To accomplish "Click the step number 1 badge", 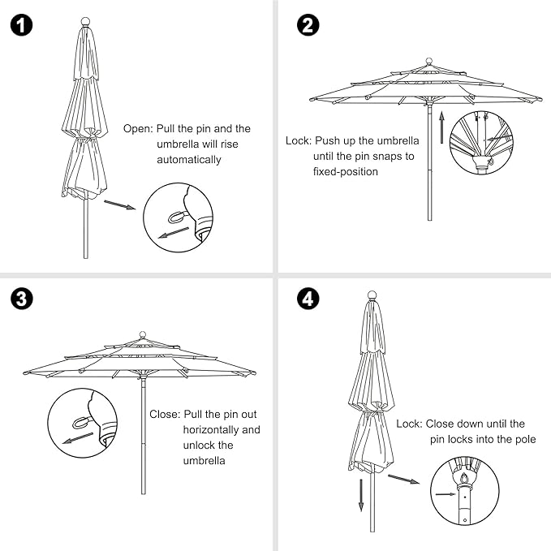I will [23, 25].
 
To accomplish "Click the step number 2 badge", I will [308, 25].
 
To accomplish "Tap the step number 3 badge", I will [23, 299].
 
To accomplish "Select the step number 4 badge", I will [308, 299].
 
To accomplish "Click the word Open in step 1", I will [137, 128].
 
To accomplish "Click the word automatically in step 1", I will [189, 159].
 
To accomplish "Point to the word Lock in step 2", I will [297, 140].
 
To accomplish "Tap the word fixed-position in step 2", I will [345, 171].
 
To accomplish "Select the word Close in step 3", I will [165, 414].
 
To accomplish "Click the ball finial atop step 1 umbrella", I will [84, 22].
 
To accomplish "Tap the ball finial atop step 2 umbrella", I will [428, 61].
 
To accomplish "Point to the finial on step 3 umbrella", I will [143, 334].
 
